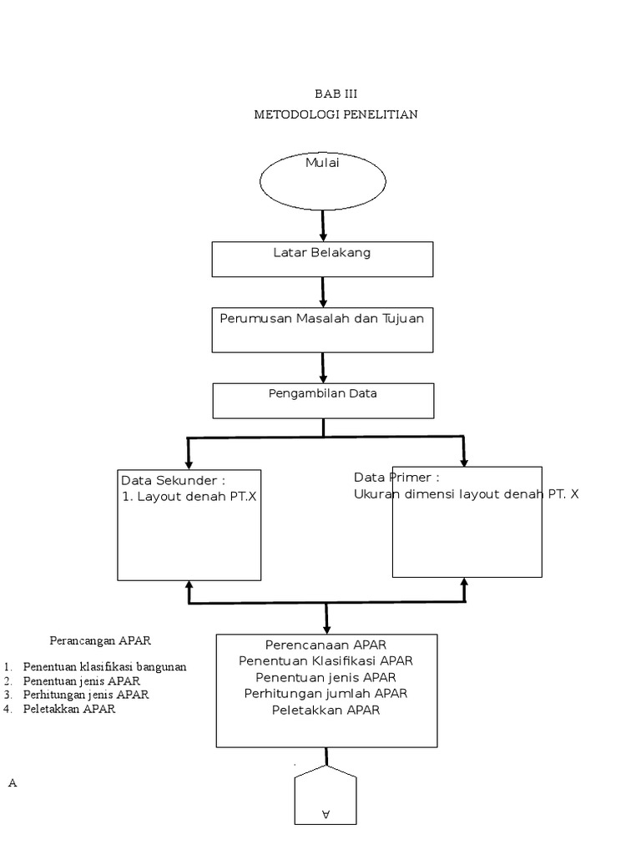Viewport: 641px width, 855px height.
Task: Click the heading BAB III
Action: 336,94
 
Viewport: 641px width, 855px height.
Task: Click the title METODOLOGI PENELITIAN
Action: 336,114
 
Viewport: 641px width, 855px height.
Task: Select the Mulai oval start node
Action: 323,180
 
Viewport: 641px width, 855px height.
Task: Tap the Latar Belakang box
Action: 322,259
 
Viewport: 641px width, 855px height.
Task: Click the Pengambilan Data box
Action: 323,400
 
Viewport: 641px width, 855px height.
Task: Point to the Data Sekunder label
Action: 173,480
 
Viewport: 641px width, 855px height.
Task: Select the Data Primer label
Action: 396,478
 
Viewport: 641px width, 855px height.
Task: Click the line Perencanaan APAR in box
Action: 326,645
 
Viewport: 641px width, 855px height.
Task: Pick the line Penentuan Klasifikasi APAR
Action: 326,660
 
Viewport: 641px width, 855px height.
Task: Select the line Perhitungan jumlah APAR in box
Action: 326,693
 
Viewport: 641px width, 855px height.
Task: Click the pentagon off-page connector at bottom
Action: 326,797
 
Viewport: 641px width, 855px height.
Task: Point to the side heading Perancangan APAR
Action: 100,640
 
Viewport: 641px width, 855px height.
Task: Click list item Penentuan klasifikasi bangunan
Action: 105,666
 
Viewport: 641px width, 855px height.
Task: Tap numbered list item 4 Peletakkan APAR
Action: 69,709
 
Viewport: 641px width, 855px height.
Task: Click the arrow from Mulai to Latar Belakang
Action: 323,225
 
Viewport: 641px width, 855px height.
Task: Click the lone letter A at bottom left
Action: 13,783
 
